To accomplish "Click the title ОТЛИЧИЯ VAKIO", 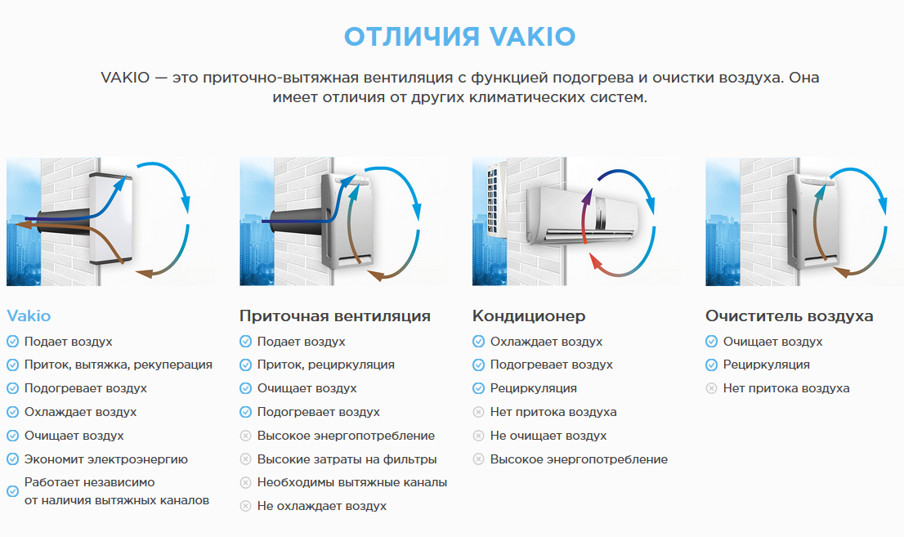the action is point(459,36).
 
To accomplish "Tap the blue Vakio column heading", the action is point(29,316).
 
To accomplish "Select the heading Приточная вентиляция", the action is point(335,316).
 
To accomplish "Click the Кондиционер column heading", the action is point(529,316).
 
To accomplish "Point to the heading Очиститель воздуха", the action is point(790,316).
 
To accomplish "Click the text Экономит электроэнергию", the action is point(106,459).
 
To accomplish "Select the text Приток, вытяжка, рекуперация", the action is point(119,365).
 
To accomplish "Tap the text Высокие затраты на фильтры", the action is point(347,459).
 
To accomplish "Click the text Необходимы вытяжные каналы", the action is point(352,482).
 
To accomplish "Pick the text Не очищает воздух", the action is point(548,436).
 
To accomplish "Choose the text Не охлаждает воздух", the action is point(322,506).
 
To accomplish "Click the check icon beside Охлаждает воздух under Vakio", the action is point(13,412).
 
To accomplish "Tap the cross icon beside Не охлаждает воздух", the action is point(245,506).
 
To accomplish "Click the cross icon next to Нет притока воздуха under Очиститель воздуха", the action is point(711,388).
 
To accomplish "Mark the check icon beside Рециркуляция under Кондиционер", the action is point(478,388).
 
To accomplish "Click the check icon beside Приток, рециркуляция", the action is point(245,365).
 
